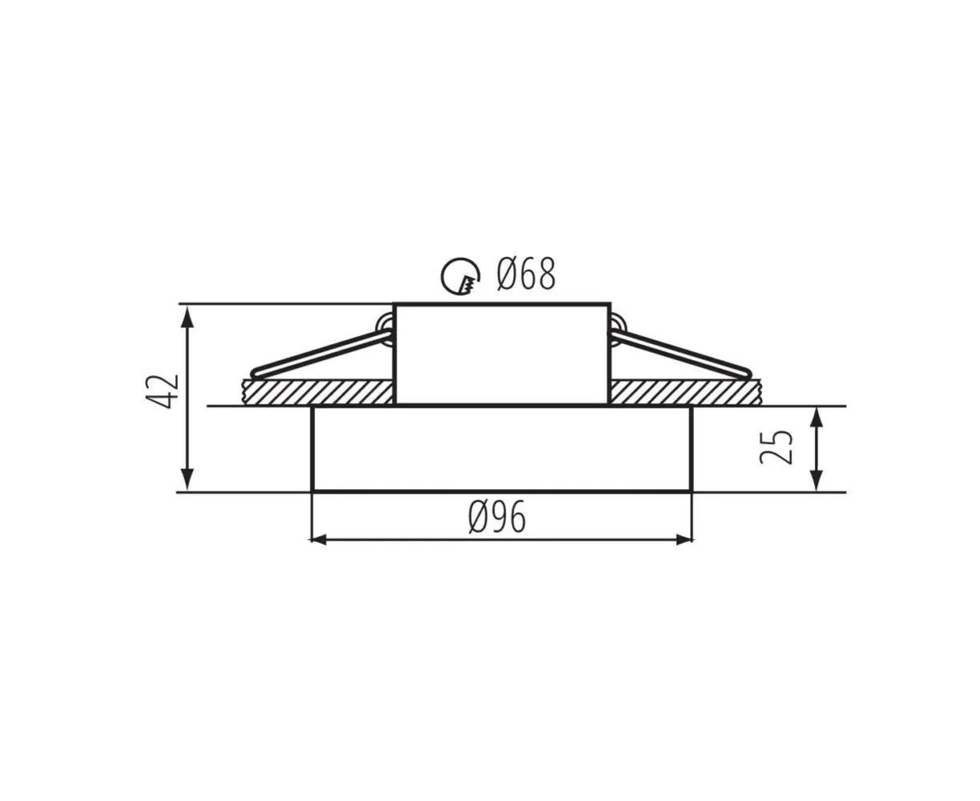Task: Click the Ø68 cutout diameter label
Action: pos(526,274)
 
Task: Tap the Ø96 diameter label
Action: pos(497,517)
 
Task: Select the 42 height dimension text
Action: pos(162,391)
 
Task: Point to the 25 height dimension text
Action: pos(776,448)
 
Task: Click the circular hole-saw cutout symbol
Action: pos(460,276)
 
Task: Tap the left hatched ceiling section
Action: pos(318,392)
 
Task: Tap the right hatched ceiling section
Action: pos(685,392)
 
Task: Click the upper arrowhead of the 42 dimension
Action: pos(188,317)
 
